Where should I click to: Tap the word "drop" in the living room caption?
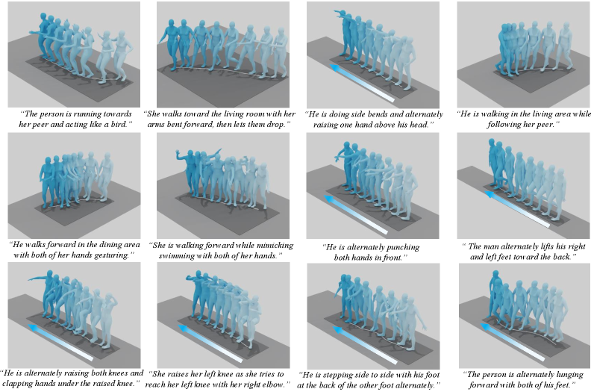pyautogui.click(x=275, y=124)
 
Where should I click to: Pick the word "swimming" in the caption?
pyautogui.click(x=175, y=255)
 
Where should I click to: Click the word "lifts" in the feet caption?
pyautogui.click(x=545, y=246)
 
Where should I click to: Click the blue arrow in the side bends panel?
pyautogui.click(x=362, y=83)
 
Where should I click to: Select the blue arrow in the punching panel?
pyautogui.click(x=355, y=215)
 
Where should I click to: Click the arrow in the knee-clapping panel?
pyautogui.click(x=60, y=342)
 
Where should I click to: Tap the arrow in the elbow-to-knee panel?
pyautogui.click(x=210, y=343)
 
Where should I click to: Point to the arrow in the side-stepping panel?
pyautogui.click(x=365, y=346)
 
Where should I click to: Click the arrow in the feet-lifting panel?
pyautogui.click(x=516, y=209)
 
